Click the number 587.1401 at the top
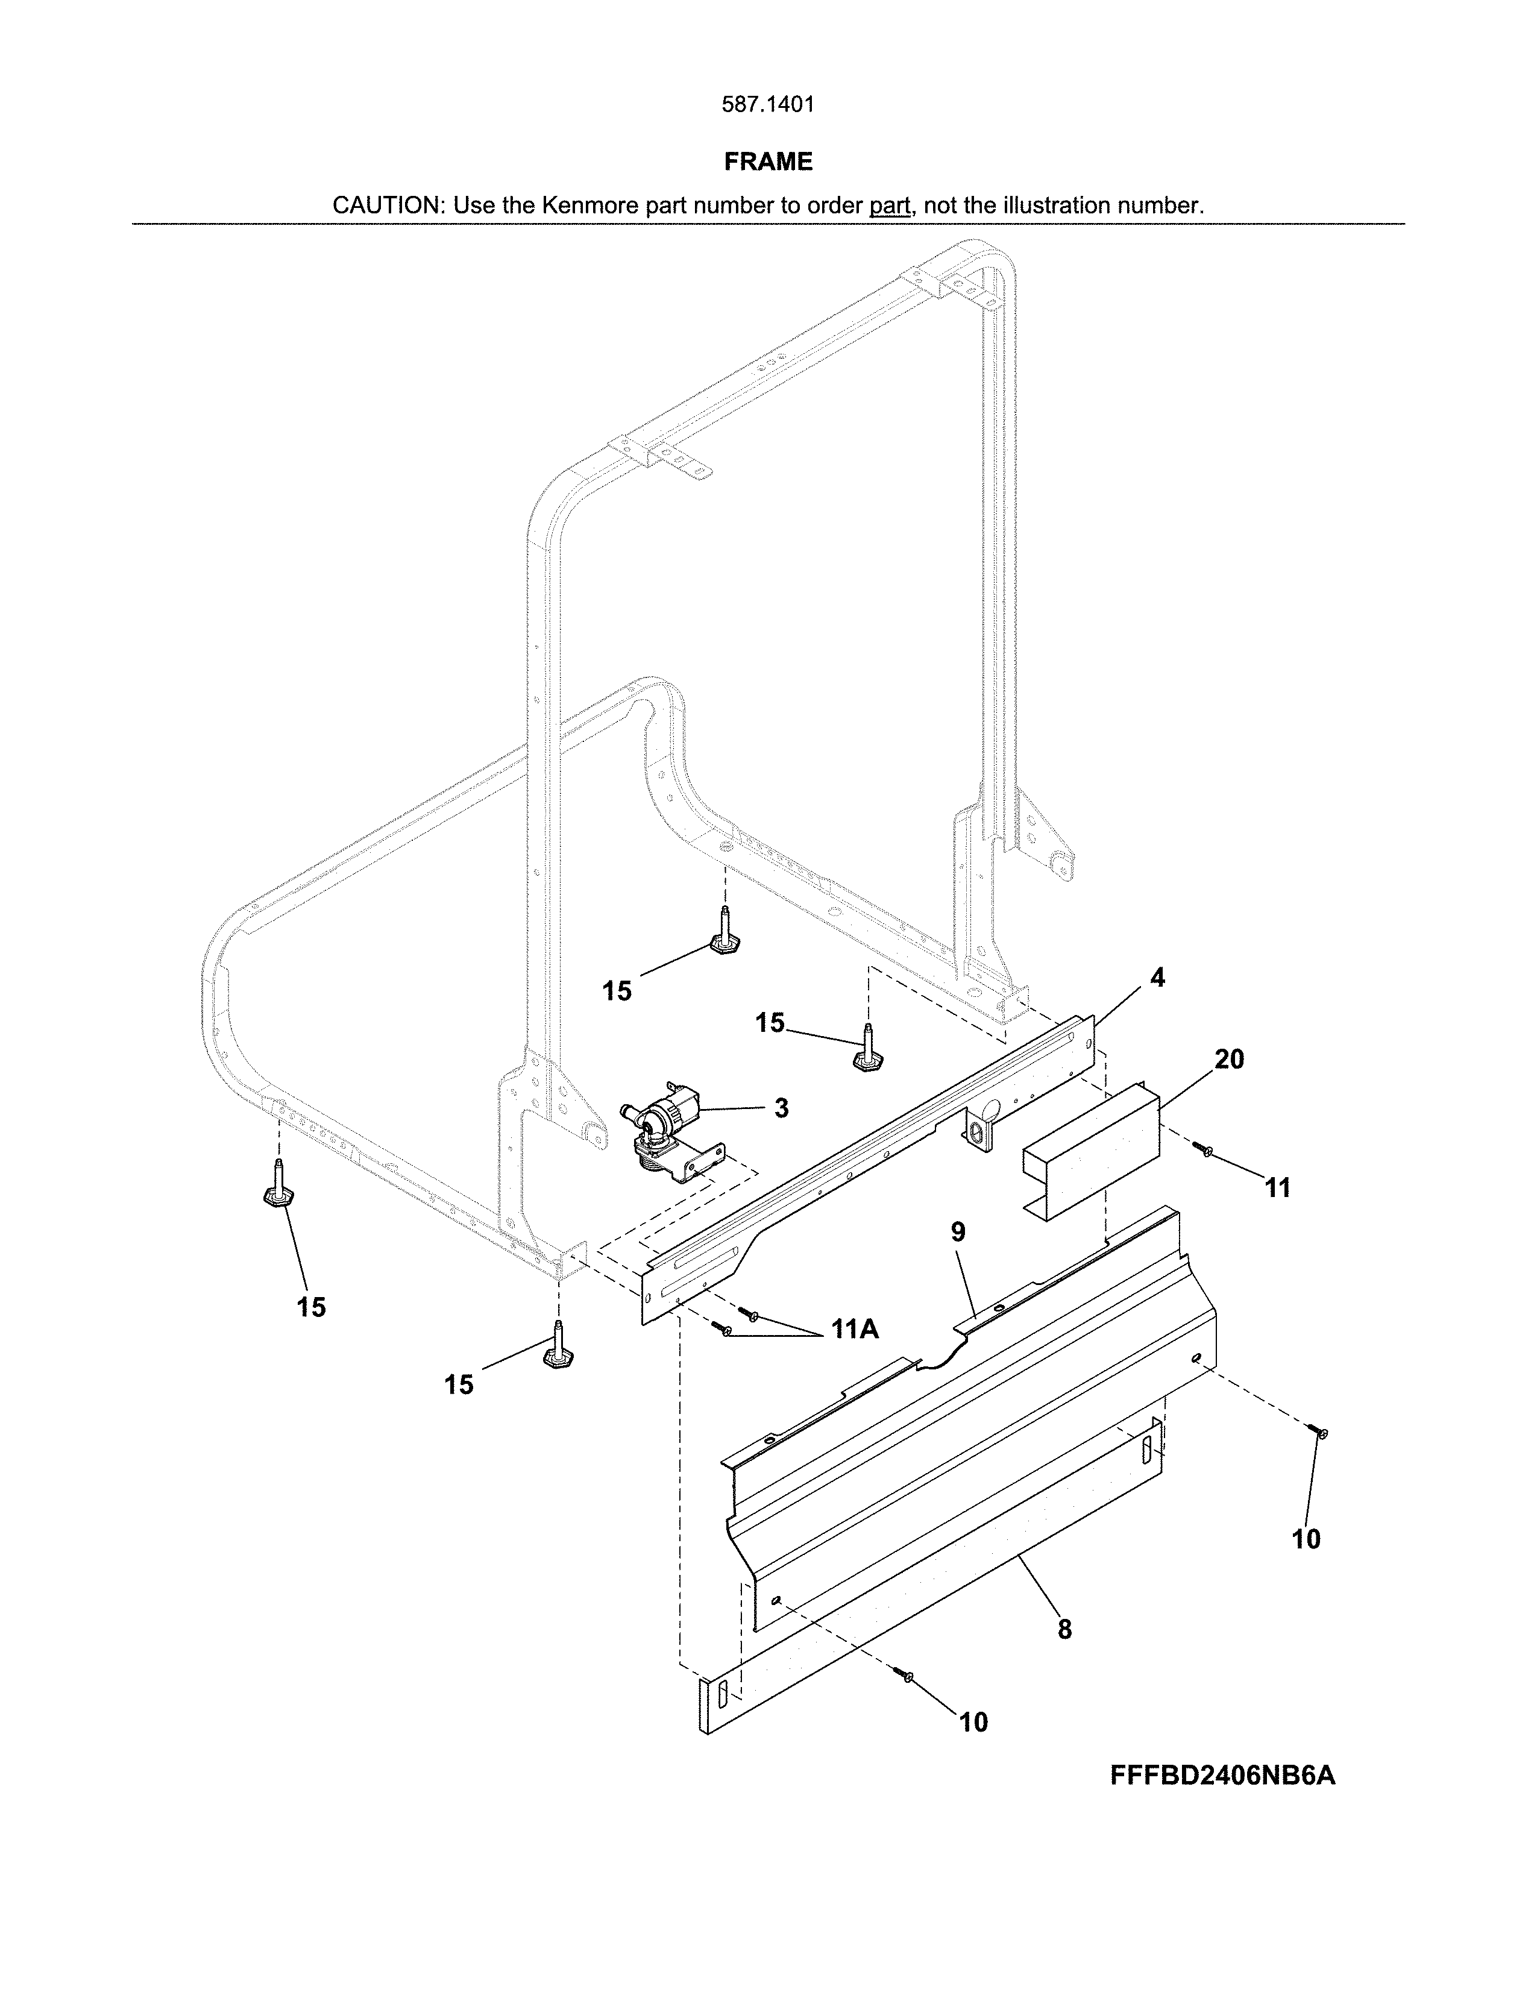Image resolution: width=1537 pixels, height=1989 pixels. [x=767, y=105]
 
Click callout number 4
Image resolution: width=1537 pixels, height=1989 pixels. [x=1157, y=978]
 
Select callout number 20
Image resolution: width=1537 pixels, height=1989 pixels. [x=1228, y=1059]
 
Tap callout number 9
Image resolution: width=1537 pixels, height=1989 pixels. [x=958, y=1232]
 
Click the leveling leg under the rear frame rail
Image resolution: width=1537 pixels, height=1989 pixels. [x=724, y=934]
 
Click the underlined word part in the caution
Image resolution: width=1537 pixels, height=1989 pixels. [x=890, y=206]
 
